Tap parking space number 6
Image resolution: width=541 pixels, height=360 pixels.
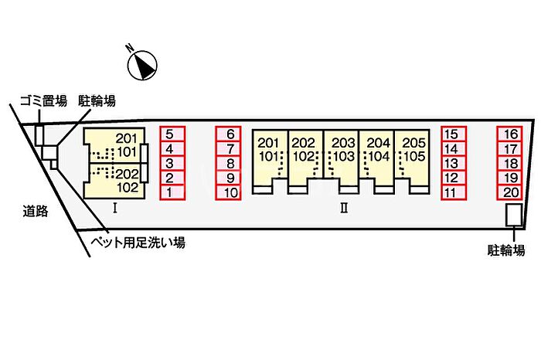tap(230, 134)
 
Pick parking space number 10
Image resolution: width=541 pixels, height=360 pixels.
tap(230, 192)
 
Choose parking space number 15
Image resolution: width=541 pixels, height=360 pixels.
tap(453, 134)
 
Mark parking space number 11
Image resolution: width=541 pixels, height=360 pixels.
tap(453, 192)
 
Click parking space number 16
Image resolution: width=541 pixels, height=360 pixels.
tap(510, 134)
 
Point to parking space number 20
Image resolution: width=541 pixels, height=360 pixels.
tap(510, 192)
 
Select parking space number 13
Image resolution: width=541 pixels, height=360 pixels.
tap(453, 163)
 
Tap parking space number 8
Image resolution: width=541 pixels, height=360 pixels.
tap(230, 163)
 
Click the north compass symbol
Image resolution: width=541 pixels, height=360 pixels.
tap(142, 64)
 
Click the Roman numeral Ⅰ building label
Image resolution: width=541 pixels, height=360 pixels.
tap(114, 207)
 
